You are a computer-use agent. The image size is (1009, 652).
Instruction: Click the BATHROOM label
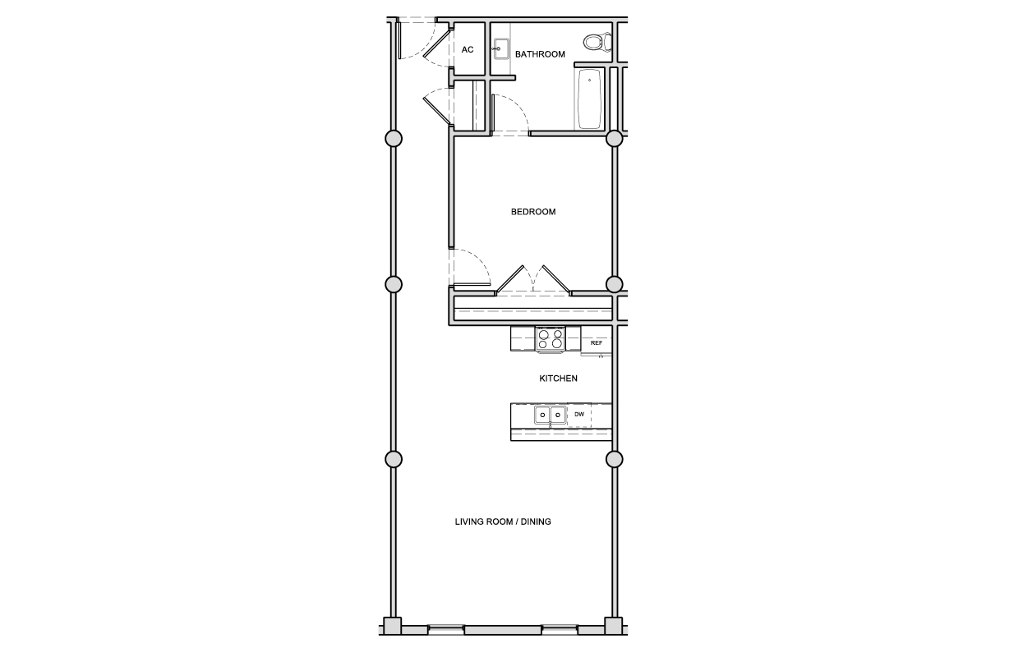[x=540, y=54]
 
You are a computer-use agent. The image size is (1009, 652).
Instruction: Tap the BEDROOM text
[x=533, y=212]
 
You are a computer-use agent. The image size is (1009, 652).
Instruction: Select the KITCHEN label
[x=558, y=379]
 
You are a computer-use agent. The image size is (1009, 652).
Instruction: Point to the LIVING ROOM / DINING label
[x=503, y=521]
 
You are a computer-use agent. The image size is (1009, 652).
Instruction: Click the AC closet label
[x=468, y=49]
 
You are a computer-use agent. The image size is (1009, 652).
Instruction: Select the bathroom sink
[x=501, y=48]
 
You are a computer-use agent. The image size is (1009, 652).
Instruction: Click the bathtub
[x=590, y=99]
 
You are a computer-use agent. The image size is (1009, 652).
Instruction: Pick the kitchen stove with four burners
[x=551, y=339]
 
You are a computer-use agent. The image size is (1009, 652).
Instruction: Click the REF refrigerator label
[x=597, y=343]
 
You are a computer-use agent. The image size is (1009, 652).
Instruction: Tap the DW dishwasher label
[x=579, y=414]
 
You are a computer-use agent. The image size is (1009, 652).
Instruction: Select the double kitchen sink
[x=551, y=415]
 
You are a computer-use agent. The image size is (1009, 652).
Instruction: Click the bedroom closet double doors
[x=533, y=280]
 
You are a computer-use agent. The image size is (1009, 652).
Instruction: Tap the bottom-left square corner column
[x=392, y=626]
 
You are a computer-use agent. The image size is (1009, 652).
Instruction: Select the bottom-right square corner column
[x=613, y=626]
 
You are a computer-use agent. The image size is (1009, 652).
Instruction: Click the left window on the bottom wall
[x=445, y=629]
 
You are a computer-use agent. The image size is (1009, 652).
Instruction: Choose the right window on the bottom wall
[x=560, y=629]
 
